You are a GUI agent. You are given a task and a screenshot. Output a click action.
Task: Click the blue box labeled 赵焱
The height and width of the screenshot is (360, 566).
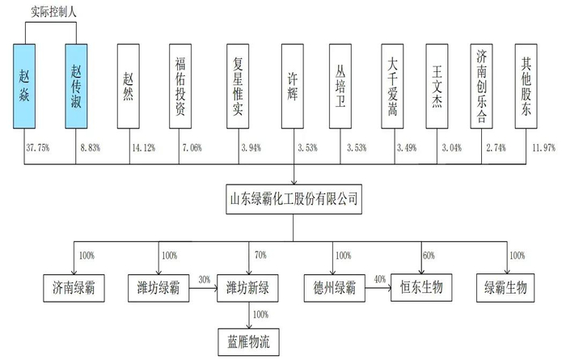(x=24, y=84)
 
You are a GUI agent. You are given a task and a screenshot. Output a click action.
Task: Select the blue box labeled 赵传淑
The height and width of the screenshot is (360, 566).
(x=77, y=84)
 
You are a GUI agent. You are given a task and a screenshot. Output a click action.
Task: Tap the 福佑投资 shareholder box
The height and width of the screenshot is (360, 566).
(x=183, y=84)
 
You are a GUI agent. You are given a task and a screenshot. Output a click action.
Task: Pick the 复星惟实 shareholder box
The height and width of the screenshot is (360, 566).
(x=240, y=84)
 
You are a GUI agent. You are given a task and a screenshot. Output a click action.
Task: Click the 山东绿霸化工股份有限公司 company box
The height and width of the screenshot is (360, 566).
(x=293, y=197)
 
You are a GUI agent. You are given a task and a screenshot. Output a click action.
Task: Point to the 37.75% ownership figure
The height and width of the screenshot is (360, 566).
(x=39, y=147)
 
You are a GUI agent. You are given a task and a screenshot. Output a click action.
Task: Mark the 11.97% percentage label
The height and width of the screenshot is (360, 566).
(x=544, y=147)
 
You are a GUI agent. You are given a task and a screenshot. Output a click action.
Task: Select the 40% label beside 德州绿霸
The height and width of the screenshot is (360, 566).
(x=380, y=279)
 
